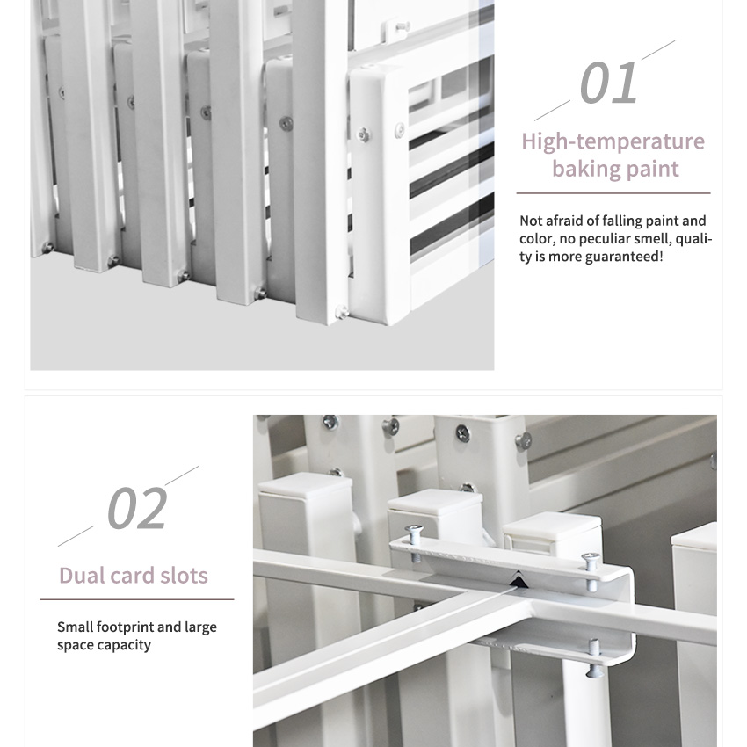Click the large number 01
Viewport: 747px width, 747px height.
tap(609, 83)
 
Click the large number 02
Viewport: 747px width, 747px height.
tap(137, 508)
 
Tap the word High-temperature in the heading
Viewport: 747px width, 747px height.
tap(613, 141)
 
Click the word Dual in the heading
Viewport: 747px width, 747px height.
tap(81, 576)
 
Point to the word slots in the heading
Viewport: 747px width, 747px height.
tap(184, 576)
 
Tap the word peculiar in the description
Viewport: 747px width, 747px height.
tap(605, 238)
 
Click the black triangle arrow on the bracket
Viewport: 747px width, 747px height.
tap(519, 580)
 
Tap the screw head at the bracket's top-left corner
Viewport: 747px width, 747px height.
tap(414, 529)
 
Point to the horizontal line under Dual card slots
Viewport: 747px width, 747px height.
tap(137, 599)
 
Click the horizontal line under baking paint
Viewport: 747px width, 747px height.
tap(613, 193)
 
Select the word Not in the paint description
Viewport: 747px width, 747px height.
tap(531, 221)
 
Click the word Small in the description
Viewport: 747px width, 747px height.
tap(75, 627)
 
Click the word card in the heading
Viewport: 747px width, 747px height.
tap(132, 576)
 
